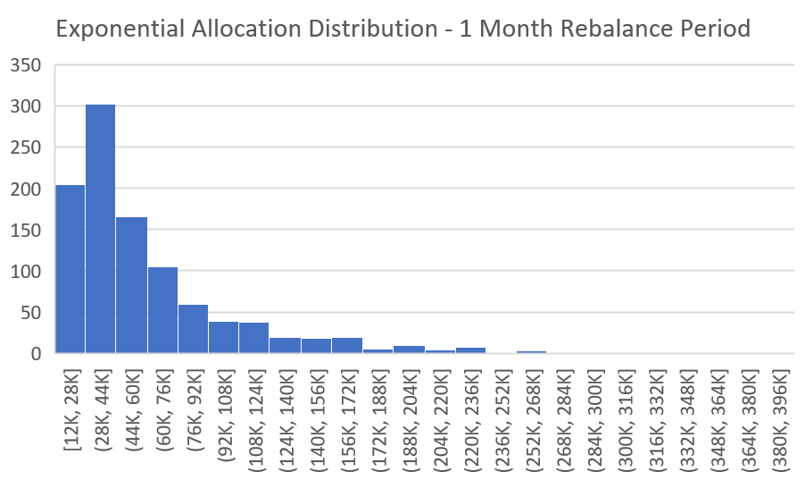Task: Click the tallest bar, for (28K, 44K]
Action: [x=100, y=229]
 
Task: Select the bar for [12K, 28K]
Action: [x=70, y=268]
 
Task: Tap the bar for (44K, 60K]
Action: [x=131, y=285]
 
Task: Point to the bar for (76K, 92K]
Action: [x=193, y=329]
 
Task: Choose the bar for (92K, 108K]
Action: [x=223, y=338]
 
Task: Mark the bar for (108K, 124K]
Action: [x=253, y=338]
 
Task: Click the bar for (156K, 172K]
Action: [x=346, y=345]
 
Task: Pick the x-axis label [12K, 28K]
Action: [x=71, y=412]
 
